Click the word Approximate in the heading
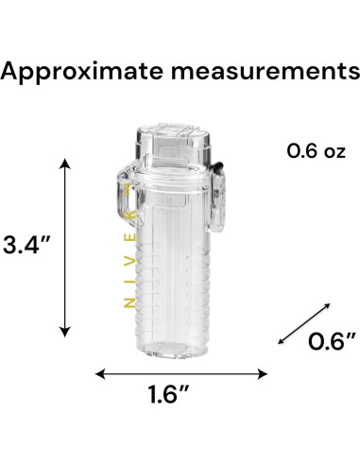tap(82, 72)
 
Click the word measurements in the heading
tap(266, 72)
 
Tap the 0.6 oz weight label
tap(316, 151)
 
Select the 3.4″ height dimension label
tap(26, 245)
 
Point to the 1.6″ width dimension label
tap(168, 394)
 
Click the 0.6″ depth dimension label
tap(332, 341)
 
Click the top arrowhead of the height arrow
tap(65, 164)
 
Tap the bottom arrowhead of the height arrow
tap(65, 332)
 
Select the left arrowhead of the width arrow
tap(100, 374)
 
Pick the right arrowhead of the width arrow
tap(262, 374)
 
